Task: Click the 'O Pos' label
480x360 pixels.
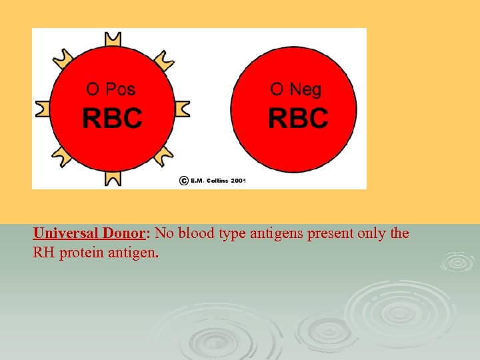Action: pyautogui.click(x=111, y=89)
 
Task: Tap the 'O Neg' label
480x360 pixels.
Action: pyautogui.click(x=295, y=89)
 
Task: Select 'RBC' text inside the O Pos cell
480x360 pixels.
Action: pyautogui.click(x=112, y=119)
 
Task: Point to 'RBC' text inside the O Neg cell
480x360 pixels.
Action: pyautogui.click(x=298, y=119)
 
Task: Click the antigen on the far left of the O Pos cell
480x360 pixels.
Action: pyautogui.click(x=42, y=109)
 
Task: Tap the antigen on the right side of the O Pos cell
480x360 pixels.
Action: pyautogui.click(x=181, y=108)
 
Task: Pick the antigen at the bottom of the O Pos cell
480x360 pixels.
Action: pyautogui.click(x=112, y=177)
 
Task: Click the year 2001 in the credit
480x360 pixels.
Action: pyautogui.click(x=239, y=181)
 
